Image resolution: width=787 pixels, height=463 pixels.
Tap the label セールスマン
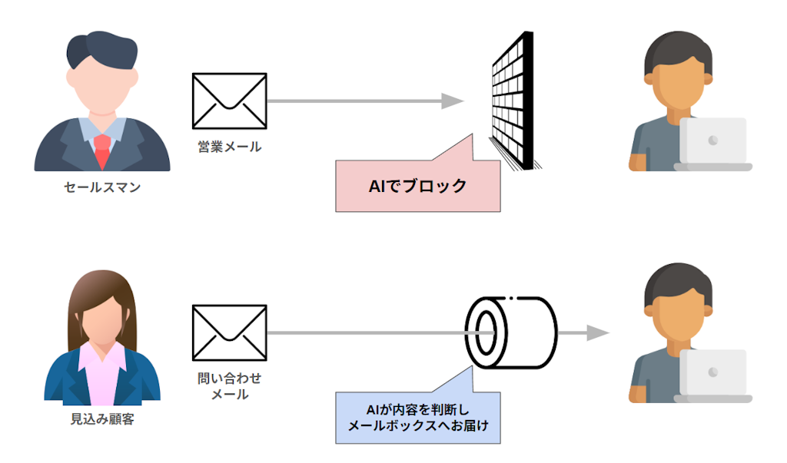pyautogui.click(x=101, y=187)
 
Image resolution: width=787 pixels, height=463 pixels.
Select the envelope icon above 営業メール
pyautogui.click(x=229, y=101)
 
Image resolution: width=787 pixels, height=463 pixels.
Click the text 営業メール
pyautogui.click(x=229, y=147)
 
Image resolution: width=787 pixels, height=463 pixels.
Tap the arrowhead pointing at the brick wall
pyautogui.click(x=453, y=101)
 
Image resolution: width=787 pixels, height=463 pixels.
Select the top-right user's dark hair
pyautogui.click(x=676, y=50)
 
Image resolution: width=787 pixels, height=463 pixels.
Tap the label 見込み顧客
pyautogui.click(x=101, y=420)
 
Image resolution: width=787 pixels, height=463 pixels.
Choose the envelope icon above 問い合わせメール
pyautogui.click(x=229, y=332)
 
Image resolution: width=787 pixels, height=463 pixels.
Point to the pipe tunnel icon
pyautogui.click(x=511, y=332)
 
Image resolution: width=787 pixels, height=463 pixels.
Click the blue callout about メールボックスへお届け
pyautogui.click(x=418, y=417)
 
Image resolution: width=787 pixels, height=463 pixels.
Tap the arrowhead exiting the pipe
pyautogui.click(x=597, y=332)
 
